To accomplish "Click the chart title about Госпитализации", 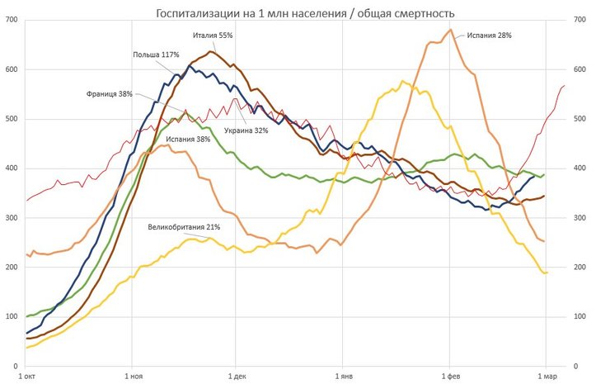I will [x=304, y=14].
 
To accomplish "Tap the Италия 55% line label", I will [x=213, y=36].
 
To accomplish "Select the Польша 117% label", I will [x=156, y=55].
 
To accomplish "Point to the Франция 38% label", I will [x=109, y=94].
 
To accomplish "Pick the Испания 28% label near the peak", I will [x=489, y=36].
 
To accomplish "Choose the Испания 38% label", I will [x=188, y=140].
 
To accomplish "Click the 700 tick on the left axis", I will [x=12, y=20].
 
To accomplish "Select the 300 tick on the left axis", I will [x=12, y=218].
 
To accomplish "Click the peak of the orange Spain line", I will [x=450, y=31].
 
